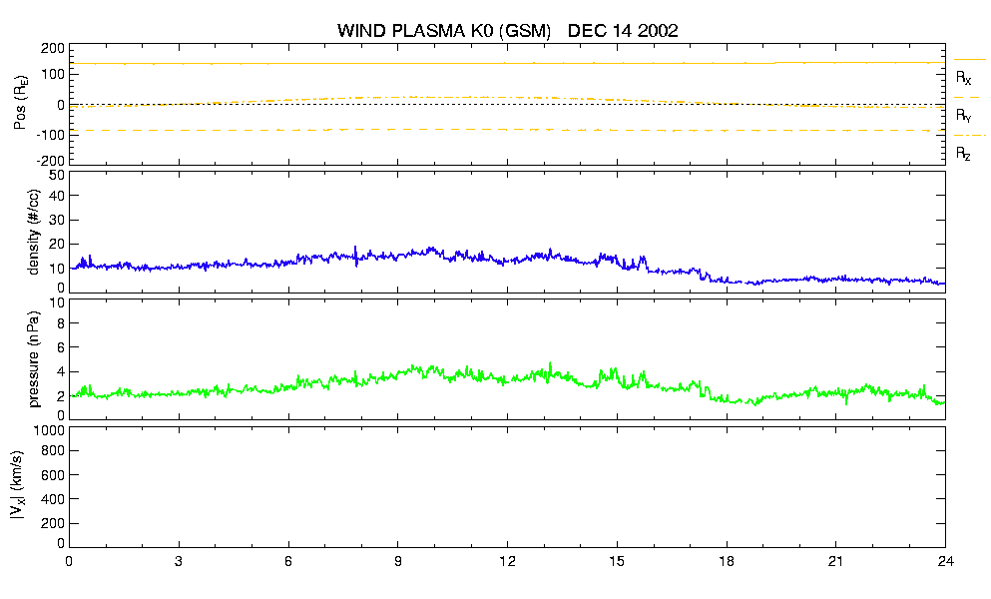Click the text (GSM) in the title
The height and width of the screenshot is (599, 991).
point(525,31)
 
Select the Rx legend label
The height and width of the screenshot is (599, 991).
point(963,77)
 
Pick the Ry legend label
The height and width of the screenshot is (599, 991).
point(963,115)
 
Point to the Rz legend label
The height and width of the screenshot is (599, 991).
point(963,153)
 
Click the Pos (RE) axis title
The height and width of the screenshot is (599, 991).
point(20,103)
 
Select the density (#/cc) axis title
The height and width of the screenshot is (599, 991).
point(34,232)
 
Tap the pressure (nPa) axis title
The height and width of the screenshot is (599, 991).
point(34,359)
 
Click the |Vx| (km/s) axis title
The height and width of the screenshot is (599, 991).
point(17,486)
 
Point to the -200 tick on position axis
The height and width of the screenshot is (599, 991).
point(50,161)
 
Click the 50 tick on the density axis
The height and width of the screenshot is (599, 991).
point(57,175)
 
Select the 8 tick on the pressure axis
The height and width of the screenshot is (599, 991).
point(61,323)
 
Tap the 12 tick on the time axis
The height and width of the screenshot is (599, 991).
point(507,561)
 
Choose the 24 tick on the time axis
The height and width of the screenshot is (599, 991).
point(945,561)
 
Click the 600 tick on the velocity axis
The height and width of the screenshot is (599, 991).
point(53,475)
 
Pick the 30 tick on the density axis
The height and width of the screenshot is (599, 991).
point(57,220)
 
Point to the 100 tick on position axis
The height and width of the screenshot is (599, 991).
point(53,75)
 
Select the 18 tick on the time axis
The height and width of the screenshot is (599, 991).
point(727,561)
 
